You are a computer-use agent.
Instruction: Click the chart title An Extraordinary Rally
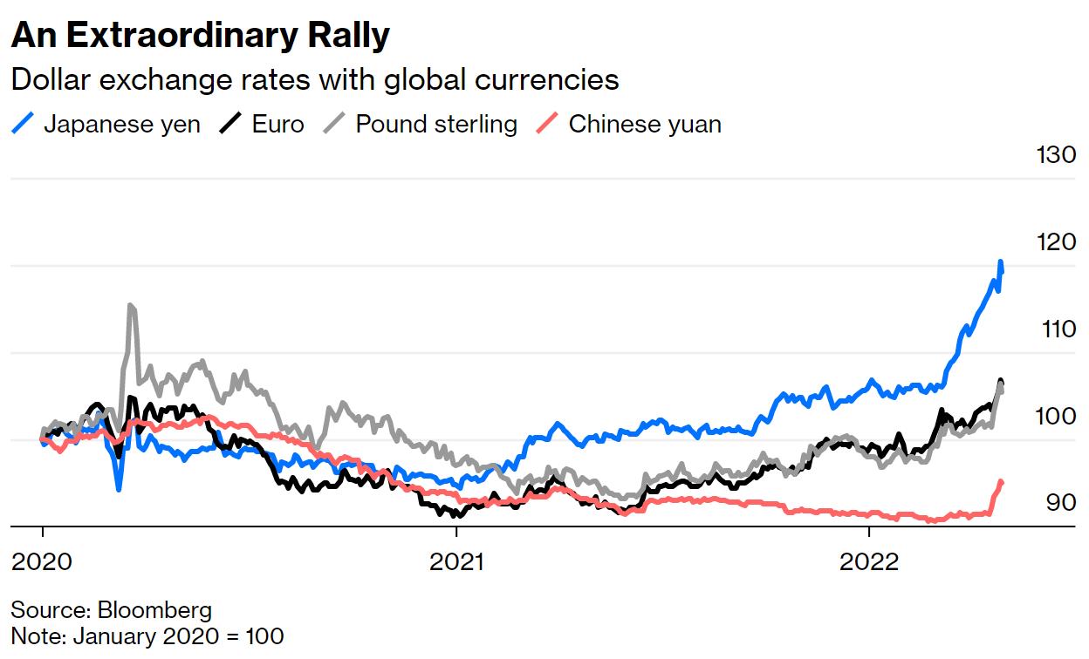coord(200,36)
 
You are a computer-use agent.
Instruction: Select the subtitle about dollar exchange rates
coord(314,80)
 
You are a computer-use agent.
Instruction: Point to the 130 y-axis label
coord(1056,155)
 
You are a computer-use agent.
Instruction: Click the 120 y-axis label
coord(1056,241)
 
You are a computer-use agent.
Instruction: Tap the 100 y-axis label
coord(1056,416)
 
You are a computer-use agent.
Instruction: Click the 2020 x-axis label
coord(42,561)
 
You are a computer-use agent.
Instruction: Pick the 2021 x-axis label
coord(456,561)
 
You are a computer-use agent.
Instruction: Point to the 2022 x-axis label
coord(870,561)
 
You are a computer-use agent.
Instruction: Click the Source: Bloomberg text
coord(112,609)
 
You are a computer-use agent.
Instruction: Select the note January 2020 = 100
coord(147,635)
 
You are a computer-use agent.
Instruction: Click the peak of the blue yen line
coord(1000,262)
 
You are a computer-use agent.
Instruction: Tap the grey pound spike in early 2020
coord(130,306)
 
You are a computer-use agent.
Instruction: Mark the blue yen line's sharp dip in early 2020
coord(119,488)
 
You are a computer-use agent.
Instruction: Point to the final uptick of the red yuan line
coord(1000,482)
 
